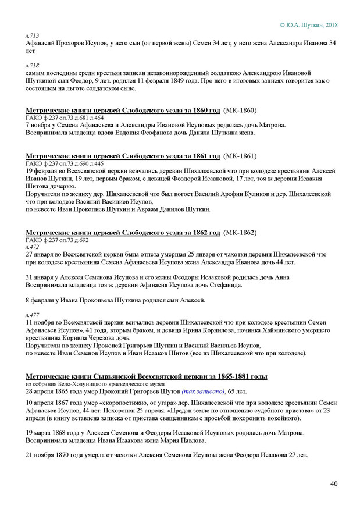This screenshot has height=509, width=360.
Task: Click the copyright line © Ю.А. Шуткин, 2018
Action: click(x=308, y=25)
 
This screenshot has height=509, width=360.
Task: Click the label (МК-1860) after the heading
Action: click(x=240, y=110)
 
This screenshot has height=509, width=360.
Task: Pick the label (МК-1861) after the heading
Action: click(x=240, y=156)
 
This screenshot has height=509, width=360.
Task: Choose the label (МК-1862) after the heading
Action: click(x=240, y=232)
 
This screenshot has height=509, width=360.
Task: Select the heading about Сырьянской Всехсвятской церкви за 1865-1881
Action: click(x=146, y=377)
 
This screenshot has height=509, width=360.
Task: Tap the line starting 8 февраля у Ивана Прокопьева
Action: click(x=116, y=300)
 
